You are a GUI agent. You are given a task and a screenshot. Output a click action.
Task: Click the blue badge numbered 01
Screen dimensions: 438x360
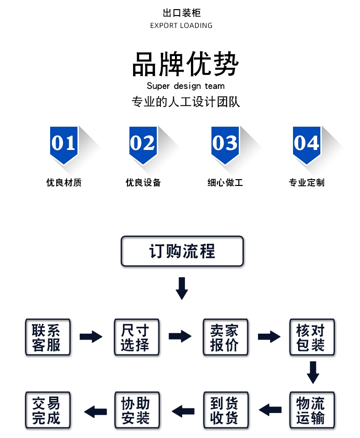pyautogui.click(x=64, y=144)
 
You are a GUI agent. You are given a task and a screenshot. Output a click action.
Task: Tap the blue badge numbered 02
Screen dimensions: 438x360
pyautogui.click(x=143, y=144)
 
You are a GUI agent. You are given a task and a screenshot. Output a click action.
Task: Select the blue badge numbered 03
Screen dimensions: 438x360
pyautogui.click(x=225, y=144)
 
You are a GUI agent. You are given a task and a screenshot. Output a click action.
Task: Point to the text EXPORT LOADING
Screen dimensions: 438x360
pyautogui.click(x=181, y=26)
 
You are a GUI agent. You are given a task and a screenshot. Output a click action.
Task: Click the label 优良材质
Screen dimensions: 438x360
pyautogui.click(x=64, y=183)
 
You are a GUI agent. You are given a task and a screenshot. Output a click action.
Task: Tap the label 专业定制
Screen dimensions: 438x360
pyautogui.click(x=307, y=183)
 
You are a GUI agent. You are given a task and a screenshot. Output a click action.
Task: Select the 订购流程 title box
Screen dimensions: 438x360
pyautogui.click(x=182, y=251)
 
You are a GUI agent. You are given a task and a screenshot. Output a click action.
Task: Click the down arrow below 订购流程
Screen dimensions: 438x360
pyautogui.click(x=182, y=288)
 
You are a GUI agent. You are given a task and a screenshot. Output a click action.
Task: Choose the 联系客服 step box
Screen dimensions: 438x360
pyautogui.click(x=47, y=337)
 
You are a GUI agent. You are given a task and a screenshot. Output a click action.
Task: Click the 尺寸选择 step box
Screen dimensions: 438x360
pyautogui.click(x=137, y=337)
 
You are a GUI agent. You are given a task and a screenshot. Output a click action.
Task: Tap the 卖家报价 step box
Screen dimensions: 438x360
pyautogui.click(x=225, y=337)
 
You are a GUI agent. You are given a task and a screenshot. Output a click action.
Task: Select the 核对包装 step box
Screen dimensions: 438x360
pyautogui.click(x=312, y=337)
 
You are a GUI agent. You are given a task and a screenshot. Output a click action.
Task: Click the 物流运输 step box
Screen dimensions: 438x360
pyautogui.click(x=312, y=410)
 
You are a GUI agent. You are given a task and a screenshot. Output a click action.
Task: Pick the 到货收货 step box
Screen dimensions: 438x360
pyautogui.click(x=225, y=410)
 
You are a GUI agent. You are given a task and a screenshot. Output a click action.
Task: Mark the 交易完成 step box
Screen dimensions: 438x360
pyautogui.click(x=47, y=410)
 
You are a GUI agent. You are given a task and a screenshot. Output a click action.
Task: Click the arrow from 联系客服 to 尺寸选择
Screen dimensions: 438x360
pyautogui.click(x=91, y=337)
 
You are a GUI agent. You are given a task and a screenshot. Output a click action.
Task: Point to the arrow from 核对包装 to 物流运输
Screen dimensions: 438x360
pyautogui.click(x=313, y=372)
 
